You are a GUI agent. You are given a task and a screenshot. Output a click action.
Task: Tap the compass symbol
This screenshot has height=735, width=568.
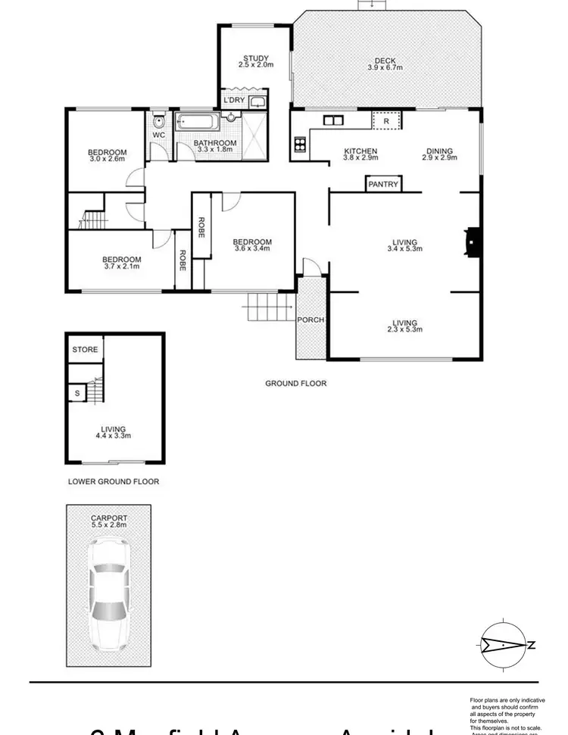[503, 645]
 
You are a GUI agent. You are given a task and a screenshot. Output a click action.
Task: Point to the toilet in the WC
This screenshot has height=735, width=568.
[159, 121]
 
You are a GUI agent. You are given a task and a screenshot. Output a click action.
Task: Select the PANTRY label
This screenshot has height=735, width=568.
[382, 184]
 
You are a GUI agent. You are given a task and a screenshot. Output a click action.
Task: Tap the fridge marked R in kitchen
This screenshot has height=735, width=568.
[386, 120]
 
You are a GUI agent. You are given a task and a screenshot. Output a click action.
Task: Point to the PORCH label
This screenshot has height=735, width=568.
[311, 319]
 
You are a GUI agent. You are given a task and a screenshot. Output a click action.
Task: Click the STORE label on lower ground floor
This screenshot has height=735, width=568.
[85, 350]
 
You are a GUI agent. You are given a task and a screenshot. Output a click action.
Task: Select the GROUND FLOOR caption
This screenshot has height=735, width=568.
[295, 383]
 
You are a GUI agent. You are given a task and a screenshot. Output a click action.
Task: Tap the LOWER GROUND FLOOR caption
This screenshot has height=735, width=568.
[113, 481]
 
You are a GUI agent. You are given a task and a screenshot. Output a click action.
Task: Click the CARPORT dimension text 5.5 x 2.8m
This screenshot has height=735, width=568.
[109, 524]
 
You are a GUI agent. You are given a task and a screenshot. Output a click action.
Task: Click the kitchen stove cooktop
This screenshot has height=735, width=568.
[299, 143]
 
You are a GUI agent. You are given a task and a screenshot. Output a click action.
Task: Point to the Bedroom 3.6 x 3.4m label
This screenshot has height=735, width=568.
[252, 244]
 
